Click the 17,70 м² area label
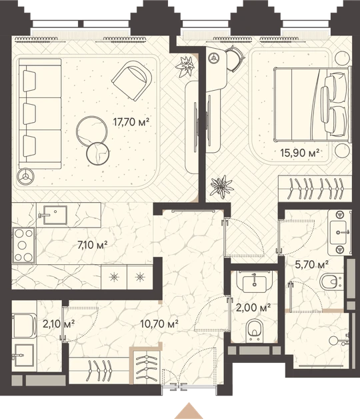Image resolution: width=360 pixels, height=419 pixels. [131, 122]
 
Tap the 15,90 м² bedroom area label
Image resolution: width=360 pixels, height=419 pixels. [299, 153]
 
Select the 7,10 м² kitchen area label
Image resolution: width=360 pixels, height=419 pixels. [93, 245]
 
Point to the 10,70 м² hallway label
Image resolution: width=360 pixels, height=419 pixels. [159, 324]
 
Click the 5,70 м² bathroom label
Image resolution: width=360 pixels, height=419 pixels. [311, 265]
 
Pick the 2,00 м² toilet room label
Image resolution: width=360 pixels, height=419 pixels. [253, 308]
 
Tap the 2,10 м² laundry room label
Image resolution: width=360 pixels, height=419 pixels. [59, 324]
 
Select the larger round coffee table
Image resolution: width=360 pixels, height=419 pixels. [92, 131]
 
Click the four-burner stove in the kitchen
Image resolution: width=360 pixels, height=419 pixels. [23, 246]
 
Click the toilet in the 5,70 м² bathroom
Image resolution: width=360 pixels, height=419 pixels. [331, 281]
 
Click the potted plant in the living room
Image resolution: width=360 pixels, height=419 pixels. [185, 66]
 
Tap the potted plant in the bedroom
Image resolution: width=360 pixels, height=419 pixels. [222, 187]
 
